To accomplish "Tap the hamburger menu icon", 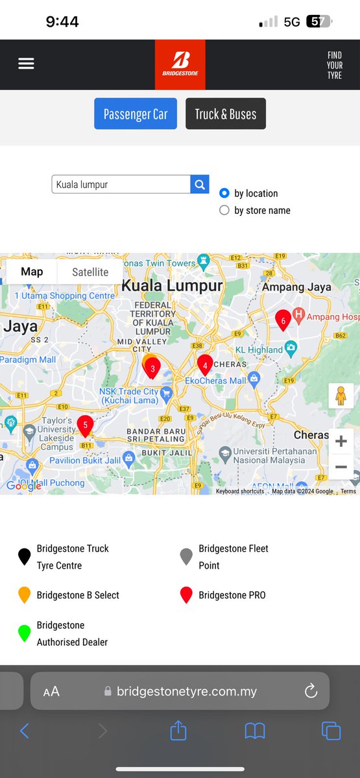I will click(26, 64).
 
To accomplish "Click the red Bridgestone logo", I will click(180, 64).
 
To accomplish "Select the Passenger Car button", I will click(136, 114).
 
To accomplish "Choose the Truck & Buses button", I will click(226, 114).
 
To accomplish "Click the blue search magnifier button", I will click(200, 184).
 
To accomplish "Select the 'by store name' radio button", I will click(224, 210).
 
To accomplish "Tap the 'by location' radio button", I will click(224, 193).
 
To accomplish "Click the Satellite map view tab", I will click(90, 272).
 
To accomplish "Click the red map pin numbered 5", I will click(85, 425).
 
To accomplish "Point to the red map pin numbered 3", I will click(152, 368).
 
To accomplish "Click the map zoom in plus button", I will click(341, 442).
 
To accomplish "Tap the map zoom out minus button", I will click(341, 467).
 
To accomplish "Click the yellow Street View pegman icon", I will click(341, 395).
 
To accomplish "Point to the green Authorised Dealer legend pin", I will click(25, 633).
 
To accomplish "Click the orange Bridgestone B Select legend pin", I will click(25, 595).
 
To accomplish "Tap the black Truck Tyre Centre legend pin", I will click(25, 556).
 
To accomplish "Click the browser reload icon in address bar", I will click(311, 691).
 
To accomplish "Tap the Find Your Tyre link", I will click(334, 65).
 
